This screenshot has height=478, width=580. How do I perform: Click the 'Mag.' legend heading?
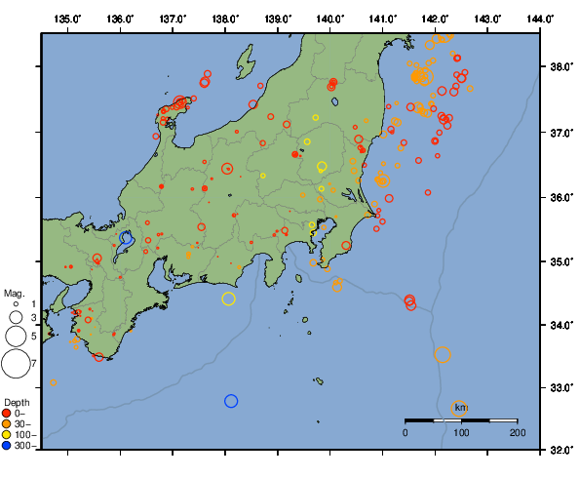(x=13, y=293)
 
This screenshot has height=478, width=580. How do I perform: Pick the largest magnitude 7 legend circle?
(x=15, y=364)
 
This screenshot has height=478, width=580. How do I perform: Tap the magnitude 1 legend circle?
(x=16, y=304)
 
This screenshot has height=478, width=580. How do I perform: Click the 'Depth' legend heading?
(x=16, y=402)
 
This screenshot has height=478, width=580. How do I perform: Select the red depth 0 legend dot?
(x=7, y=413)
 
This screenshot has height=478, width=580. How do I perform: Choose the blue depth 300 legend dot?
(x=7, y=446)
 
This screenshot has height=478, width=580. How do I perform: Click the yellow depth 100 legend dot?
(x=7, y=435)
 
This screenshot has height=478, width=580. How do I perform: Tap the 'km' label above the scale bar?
(x=461, y=407)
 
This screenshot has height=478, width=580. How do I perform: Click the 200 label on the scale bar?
(x=518, y=432)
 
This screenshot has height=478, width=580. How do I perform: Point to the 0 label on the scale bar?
(x=406, y=432)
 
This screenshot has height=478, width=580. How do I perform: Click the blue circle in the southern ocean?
(x=231, y=401)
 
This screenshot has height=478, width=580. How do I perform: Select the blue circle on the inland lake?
(x=127, y=237)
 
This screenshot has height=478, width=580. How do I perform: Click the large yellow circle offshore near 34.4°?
(x=229, y=299)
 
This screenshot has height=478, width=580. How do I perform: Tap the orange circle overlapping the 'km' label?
(x=460, y=408)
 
